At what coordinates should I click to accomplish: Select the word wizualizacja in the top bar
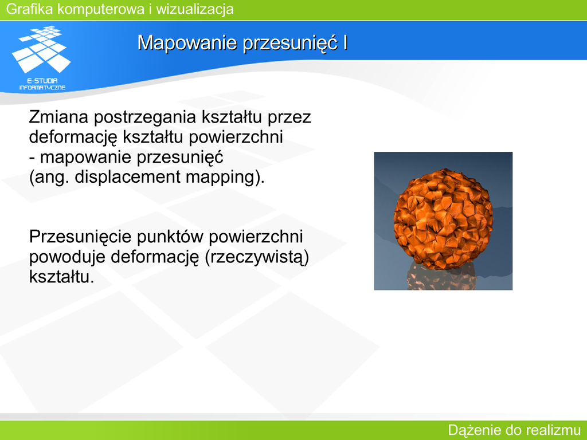[195, 9]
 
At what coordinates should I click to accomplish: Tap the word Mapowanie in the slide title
[187, 43]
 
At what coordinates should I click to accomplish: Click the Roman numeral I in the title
[345, 42]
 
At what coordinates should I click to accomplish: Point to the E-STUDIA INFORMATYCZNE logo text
[42, 84]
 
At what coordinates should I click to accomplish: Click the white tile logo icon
[41, 49]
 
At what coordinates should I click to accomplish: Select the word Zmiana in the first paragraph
[59, 117]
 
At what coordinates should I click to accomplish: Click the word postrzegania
[145, 117]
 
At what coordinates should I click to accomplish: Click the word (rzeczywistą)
[257, 257]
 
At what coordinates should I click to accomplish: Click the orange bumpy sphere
[443, 218]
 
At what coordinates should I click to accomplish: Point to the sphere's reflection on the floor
[442, 277]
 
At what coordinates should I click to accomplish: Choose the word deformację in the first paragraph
[73, 137]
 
